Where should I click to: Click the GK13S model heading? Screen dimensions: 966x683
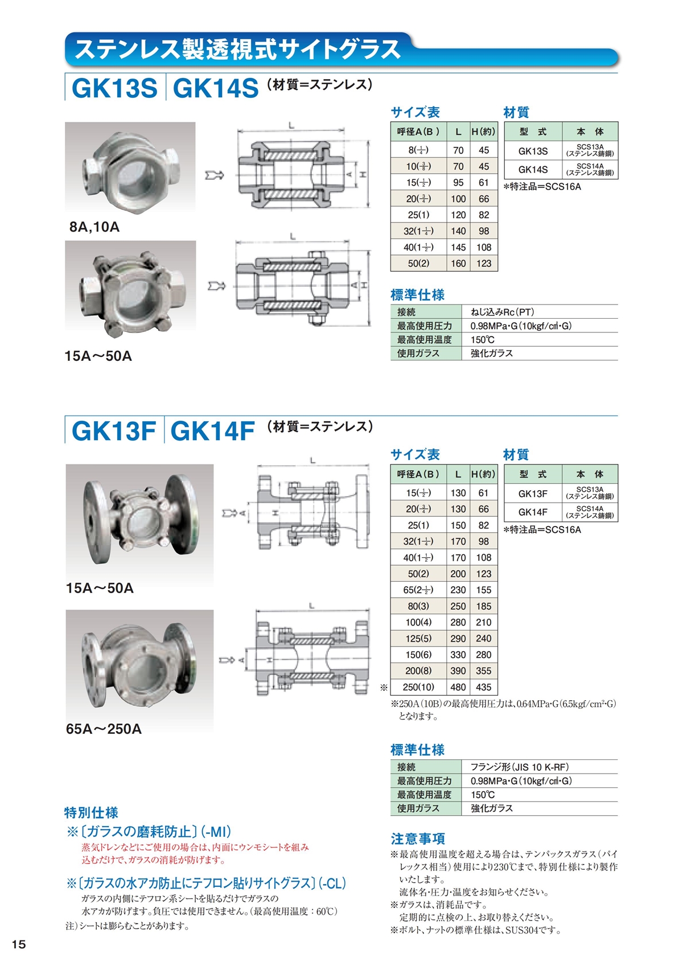point(114,88)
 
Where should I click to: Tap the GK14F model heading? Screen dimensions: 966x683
point(212,431)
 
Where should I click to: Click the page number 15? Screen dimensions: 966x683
point(19,944)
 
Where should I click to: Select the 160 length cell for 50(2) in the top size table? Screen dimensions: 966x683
point(458,264)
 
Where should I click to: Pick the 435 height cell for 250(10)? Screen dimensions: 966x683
point(484,687)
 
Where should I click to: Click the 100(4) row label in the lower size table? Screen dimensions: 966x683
point(418,622)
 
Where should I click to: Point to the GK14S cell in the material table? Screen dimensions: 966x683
point(533,170)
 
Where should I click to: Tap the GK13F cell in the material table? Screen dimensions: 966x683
point(533,494)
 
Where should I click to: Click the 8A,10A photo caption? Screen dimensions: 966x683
point(94,227)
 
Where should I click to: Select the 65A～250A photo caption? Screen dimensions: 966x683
point(104,729)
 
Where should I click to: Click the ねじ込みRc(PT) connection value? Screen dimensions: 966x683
point(502,312)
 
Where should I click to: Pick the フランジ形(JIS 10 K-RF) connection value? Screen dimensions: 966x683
point(519,767)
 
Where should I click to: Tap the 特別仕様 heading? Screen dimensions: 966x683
point(91,812)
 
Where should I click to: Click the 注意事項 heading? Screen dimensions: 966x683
point(418,838)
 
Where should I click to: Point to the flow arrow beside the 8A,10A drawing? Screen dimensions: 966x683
point(215,175)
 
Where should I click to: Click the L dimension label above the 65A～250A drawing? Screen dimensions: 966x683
point(312,606)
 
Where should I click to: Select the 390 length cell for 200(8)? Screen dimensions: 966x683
point(458,671)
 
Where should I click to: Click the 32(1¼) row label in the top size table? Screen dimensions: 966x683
point(418,231)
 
